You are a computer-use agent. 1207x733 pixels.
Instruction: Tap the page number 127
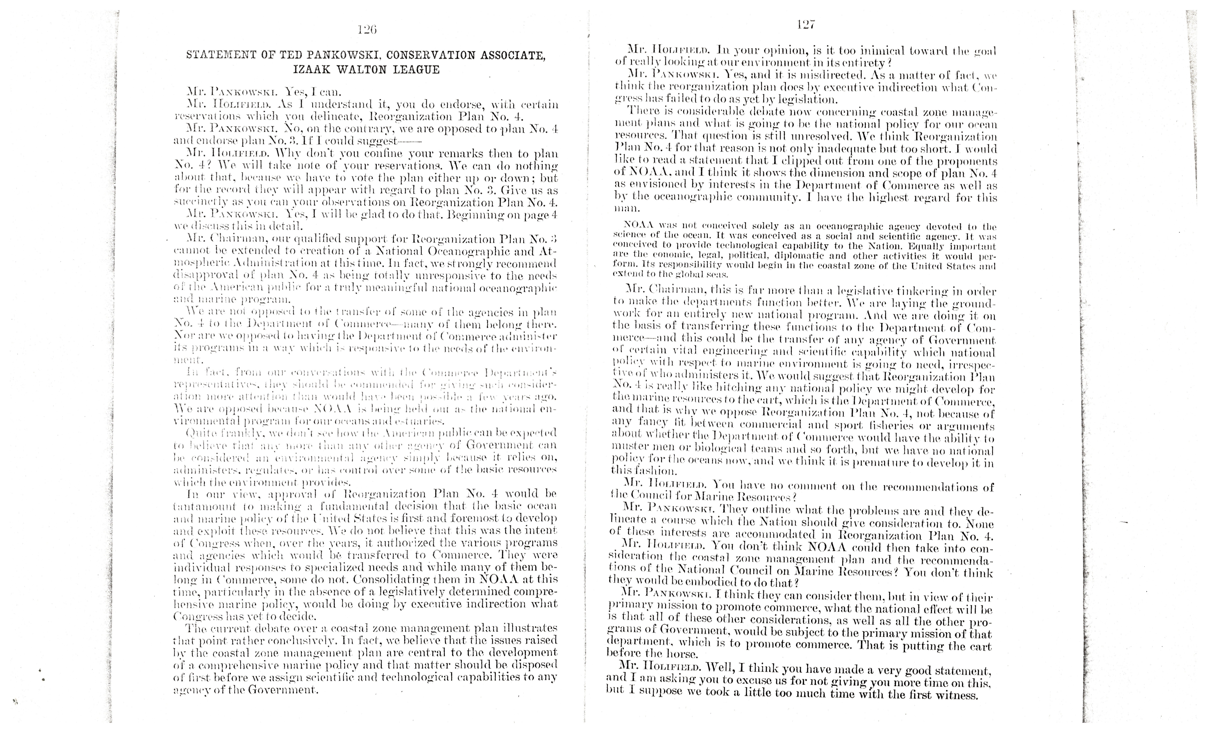coord(806,25)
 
